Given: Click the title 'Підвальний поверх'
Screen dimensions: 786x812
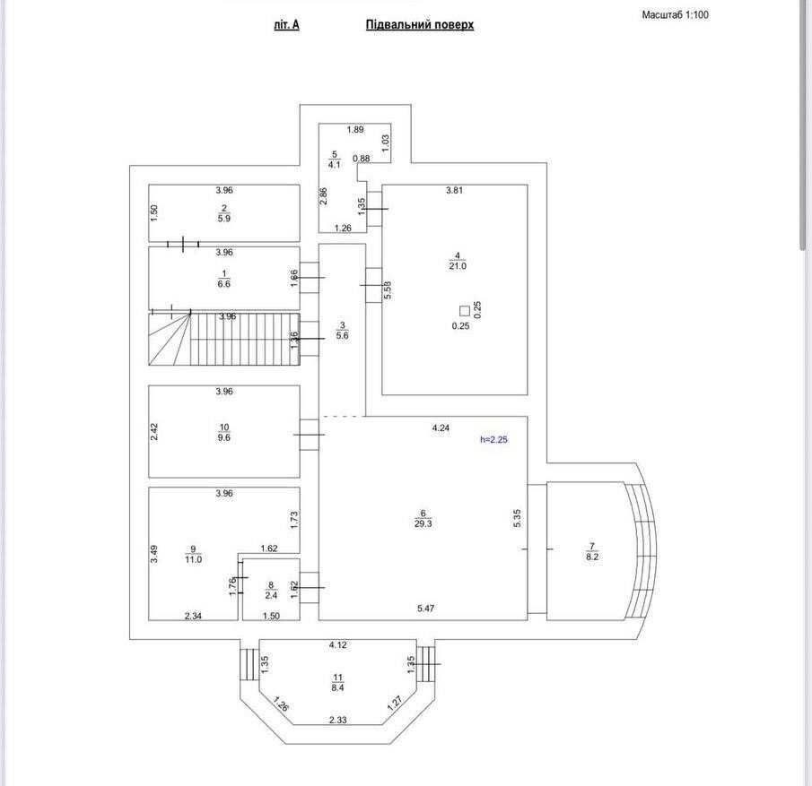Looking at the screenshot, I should pyautogui.click(x=419, y=25).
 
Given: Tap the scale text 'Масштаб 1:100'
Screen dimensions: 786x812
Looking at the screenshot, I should pyautogui.click(x=675, y=15).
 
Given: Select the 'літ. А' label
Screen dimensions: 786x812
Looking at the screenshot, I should pyautogui.click(x=286, y=25).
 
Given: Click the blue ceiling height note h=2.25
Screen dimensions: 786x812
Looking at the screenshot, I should pyautogui.click(x=493, y=439).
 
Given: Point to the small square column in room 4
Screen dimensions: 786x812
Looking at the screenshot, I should pyautogui.click(x=464, y=310).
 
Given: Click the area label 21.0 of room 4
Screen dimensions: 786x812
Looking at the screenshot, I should pyautogui.click(x=458, y=266).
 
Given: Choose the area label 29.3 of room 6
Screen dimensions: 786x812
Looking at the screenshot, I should pyautogui.click(x=423, y=524).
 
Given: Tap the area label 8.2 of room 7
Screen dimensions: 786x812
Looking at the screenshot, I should pyautogui.click(x=591, y=557).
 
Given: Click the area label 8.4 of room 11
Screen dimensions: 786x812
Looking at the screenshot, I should pyautogui.click(x=337, y=688).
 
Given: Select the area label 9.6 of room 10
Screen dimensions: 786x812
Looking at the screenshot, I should pyautogui.click(x=224, y=438).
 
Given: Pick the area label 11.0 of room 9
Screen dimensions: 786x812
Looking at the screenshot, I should pyautogui.click(x=193, y=560).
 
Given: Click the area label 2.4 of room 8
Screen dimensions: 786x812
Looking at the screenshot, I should pyautogui.click(x=270, y=595).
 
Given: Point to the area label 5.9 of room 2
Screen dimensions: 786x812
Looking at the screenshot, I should pyautogui.click(x=224, y=218).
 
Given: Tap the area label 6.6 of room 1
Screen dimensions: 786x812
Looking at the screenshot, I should pyautogui.click(x=224, y=284).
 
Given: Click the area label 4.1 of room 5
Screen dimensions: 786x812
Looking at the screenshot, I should pyautogui.click(x=334, y=165).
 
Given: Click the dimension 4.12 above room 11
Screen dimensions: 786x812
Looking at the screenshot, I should pyautogui.click(x=337, y=645).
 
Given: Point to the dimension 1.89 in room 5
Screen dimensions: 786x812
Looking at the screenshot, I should pyautogui.click(x=355, y=130).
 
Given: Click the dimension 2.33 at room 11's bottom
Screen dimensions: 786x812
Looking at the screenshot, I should pyautogui.click(x=337, y=720).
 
